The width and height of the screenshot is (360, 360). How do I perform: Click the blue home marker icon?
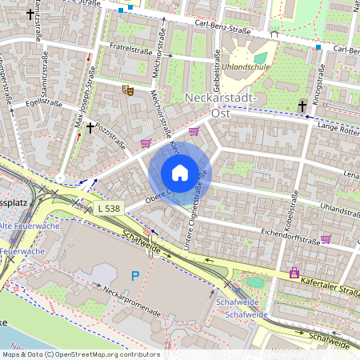(180, 173)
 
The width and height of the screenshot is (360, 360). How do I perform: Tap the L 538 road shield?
(109, 209)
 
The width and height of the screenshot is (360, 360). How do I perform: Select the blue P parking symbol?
(134, 276)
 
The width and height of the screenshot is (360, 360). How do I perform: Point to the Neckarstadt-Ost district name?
(220, 105)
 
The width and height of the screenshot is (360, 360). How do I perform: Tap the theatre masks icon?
(126, 90)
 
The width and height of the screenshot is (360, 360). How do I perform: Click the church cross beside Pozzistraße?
(90, 126)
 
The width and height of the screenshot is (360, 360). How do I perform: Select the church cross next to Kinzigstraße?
(302, 106)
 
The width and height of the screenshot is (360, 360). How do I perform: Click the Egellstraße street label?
(43, 103)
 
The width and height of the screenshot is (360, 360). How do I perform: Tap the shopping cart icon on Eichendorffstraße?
(326, 238)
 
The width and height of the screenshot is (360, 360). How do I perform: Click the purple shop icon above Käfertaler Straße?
(294, 272)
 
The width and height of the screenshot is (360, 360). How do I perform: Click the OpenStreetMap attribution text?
(80, 354)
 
